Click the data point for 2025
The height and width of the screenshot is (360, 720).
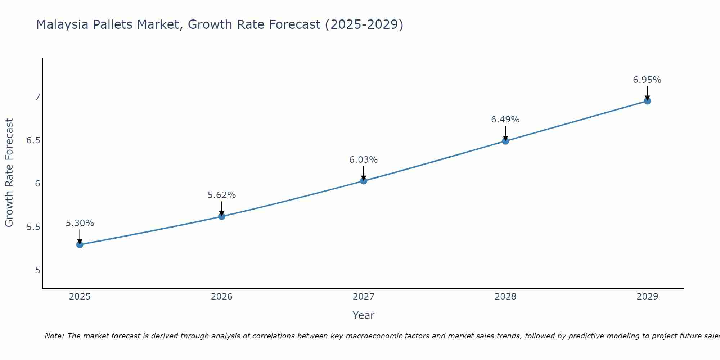point(80,245)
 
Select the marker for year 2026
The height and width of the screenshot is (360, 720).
point(221,216)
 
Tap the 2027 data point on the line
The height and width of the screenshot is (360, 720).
point(363,181)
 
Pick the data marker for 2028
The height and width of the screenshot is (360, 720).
point(505,141)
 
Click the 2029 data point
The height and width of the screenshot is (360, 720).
point(647,101)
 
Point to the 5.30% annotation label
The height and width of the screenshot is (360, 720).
point(80,223)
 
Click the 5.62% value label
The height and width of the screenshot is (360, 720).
point(221,195)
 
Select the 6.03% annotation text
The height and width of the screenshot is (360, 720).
point(363,160)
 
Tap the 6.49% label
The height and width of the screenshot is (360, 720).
point(505,120)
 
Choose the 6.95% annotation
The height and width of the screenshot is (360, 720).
point(647,80)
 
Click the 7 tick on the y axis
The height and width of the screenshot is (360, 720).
point(37,97)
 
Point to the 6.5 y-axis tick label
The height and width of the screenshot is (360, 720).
point(33,140)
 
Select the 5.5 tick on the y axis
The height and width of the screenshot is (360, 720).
point(33,227)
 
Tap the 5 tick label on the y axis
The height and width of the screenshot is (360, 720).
point(37,270)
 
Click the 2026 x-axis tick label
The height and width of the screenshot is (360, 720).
point(221,297)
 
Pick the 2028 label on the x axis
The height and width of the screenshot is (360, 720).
point(505,297)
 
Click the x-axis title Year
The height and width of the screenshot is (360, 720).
point(363,315)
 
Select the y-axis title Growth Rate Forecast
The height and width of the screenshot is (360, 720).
point(9,173)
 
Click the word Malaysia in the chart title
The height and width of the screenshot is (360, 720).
point(62,25)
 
